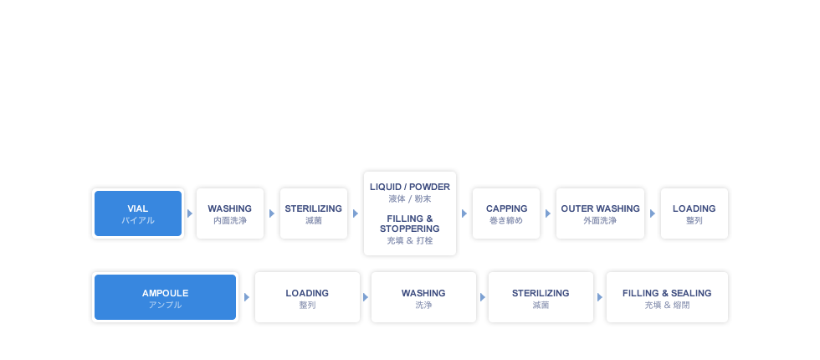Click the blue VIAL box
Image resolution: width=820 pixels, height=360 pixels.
tap(138, 213)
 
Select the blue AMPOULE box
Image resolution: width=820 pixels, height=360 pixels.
tap(165, 298)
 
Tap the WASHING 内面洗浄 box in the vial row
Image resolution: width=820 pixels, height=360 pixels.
tap(229, 213)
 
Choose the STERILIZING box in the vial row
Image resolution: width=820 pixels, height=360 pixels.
tap(313, 213)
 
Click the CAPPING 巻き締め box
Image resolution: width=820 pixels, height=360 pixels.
tap(506, 213)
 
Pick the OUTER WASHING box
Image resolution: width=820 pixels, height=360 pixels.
tap(599, 213)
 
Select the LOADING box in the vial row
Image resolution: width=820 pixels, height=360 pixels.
tap(694, 213)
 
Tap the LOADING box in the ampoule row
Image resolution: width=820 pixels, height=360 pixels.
tap(306, 298)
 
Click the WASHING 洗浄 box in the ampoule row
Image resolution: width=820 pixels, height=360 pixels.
tap(423, 298)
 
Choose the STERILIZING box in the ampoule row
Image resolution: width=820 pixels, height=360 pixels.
tap(540, 298)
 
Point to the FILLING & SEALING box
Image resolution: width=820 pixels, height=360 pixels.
tap(666, 298)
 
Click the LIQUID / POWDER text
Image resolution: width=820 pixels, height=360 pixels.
tap(409, 187)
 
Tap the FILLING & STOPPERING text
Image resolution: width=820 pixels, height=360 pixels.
tap(409, 224)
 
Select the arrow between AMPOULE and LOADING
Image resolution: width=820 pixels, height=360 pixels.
tap(246, 297)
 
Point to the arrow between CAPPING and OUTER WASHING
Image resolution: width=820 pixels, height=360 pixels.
tap(548, 213)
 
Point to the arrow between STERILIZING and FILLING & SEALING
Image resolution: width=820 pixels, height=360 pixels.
tap(598, 297)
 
